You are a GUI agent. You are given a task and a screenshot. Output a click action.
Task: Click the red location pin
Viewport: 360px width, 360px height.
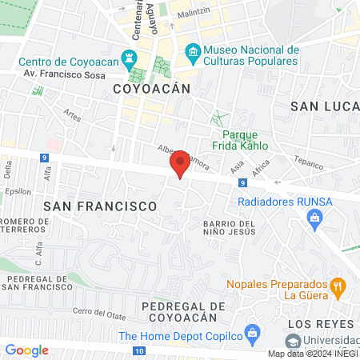[x=180, y=164]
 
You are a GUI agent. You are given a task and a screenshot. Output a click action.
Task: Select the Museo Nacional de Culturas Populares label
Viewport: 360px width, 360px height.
[x=250, y=54]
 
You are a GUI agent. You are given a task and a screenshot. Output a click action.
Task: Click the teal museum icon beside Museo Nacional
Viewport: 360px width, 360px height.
[x=193, y=54]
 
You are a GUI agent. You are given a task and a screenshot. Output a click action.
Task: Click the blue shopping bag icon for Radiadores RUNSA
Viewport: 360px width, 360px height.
[x=315, y=217]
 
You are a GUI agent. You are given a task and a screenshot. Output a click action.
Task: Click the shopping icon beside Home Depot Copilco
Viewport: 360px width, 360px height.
[x=253, y=332]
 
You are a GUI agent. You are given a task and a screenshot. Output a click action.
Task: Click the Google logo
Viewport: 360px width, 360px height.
[x=26, y=350]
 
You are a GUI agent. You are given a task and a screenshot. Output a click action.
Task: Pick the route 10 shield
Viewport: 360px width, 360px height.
[x=139, y=351]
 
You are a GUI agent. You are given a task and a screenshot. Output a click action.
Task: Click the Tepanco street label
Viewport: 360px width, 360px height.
[x=308, y=160]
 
